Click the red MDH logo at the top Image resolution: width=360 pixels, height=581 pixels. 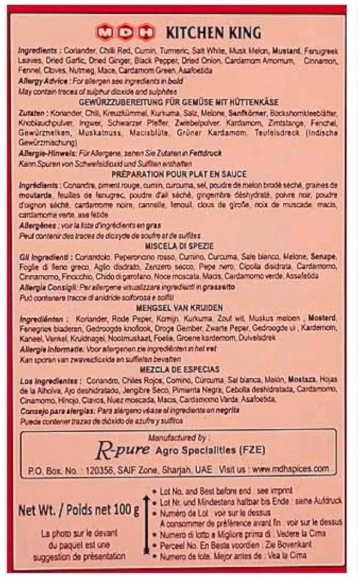[x=125, y=31]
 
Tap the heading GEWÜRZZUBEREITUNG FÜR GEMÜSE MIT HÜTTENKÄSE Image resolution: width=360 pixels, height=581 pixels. [x=180, y=103]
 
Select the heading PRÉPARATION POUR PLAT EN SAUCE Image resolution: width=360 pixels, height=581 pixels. [x=180, y=174]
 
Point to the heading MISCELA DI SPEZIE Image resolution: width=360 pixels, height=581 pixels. [x=180, y=245]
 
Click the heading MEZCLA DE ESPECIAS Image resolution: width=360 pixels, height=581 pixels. [x=180, y=369]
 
